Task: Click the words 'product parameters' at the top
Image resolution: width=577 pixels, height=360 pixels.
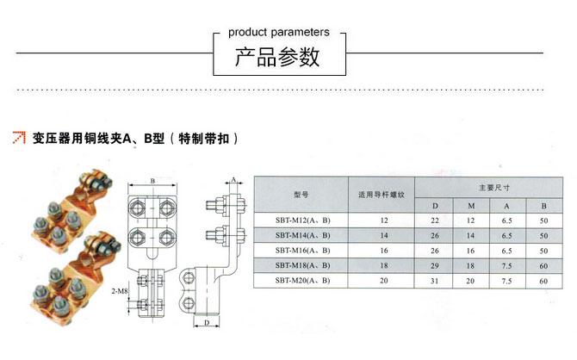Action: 278,33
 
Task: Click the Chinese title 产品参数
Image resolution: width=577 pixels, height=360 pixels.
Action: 278,58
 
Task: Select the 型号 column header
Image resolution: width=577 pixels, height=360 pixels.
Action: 301,196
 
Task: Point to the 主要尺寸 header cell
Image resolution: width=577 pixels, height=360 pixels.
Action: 494,186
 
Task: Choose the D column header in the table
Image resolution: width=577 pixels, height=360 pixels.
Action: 435,206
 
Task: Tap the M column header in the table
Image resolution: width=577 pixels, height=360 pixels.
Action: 471,206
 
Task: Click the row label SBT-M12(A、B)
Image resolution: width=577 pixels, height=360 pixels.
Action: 300,220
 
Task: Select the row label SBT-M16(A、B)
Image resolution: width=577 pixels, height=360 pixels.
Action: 300,250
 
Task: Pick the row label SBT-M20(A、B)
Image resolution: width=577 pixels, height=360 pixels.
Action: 300,280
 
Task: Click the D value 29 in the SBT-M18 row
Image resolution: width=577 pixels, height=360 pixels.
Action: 435,264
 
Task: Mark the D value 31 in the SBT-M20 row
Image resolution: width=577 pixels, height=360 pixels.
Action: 435,280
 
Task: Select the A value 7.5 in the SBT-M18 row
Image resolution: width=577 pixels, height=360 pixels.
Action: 507,264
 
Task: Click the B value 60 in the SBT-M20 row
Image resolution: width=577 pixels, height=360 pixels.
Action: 543,280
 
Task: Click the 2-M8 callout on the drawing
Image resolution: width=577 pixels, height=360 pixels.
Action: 120,292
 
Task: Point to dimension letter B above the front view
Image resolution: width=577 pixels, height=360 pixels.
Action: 152,180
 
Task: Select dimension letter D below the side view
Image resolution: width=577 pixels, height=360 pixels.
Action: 206,322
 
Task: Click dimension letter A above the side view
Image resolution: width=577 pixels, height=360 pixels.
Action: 233,178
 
